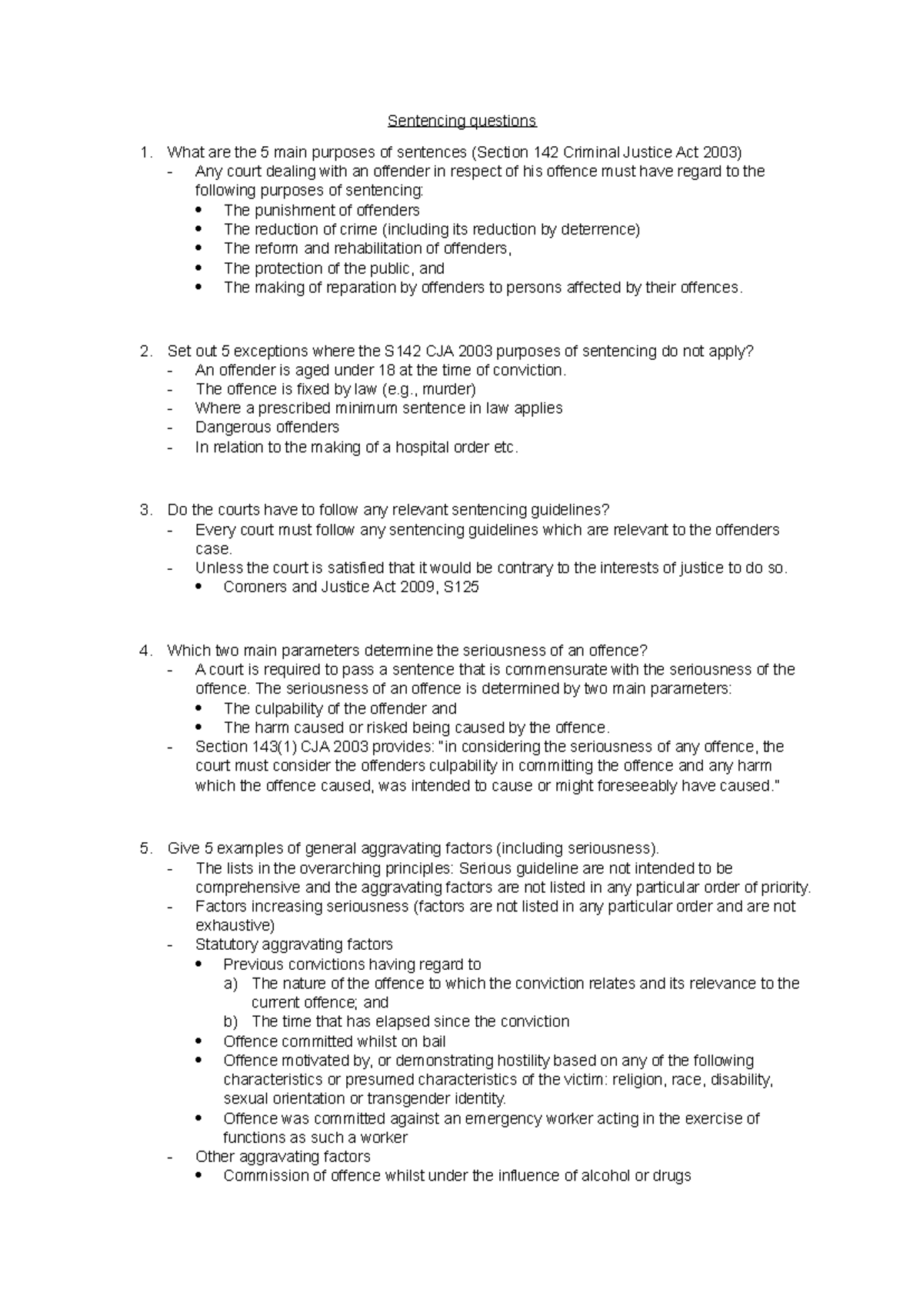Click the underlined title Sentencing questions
(x=461, y=121)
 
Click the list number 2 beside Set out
(x=145, y=351)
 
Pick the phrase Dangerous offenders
(x=267, y=427)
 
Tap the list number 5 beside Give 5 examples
(x=145, y=848)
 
